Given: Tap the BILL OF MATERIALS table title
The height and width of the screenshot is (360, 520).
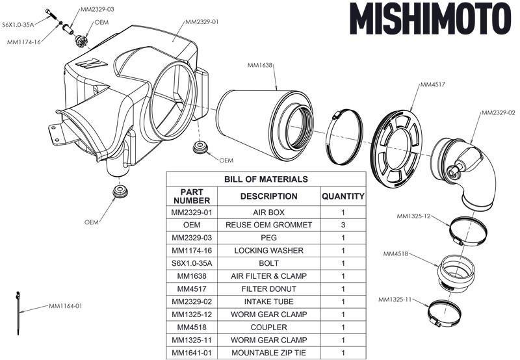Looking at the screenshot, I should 266,179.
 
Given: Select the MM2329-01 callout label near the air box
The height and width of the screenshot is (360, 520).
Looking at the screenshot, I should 201,21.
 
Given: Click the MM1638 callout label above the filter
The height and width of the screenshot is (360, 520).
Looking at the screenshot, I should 260,65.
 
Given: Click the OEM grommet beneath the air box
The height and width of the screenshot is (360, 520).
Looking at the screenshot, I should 120,192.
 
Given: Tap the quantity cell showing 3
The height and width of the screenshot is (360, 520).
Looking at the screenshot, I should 343,225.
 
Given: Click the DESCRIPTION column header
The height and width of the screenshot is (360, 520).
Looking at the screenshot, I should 268,196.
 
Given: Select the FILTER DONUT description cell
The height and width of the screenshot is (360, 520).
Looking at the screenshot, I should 268,289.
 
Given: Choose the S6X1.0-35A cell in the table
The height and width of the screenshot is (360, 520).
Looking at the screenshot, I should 192,263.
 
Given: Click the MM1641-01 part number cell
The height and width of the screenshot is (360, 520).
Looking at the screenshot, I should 192,354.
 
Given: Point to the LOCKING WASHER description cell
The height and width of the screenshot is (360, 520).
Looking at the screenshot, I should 268,250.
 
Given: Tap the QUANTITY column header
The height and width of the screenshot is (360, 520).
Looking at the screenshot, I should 343,196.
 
